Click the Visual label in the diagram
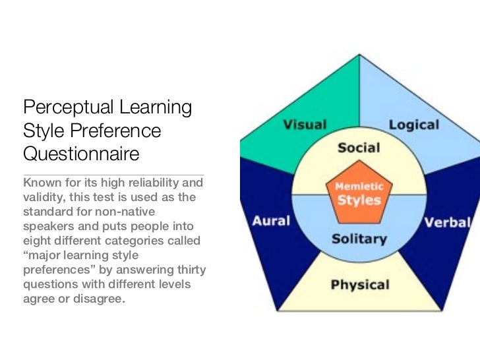click(305, 125)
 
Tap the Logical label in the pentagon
click(414, 124)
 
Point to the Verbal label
click(447, 222)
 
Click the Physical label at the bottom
click(359, 285)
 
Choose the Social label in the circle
click(359, 148)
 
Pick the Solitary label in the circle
click(359, 238)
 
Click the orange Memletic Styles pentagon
click(359, 193)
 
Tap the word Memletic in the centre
click(359, 187)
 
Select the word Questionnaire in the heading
click(81, 154)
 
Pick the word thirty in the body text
click(190, 269)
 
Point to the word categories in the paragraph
click(141, 240)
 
